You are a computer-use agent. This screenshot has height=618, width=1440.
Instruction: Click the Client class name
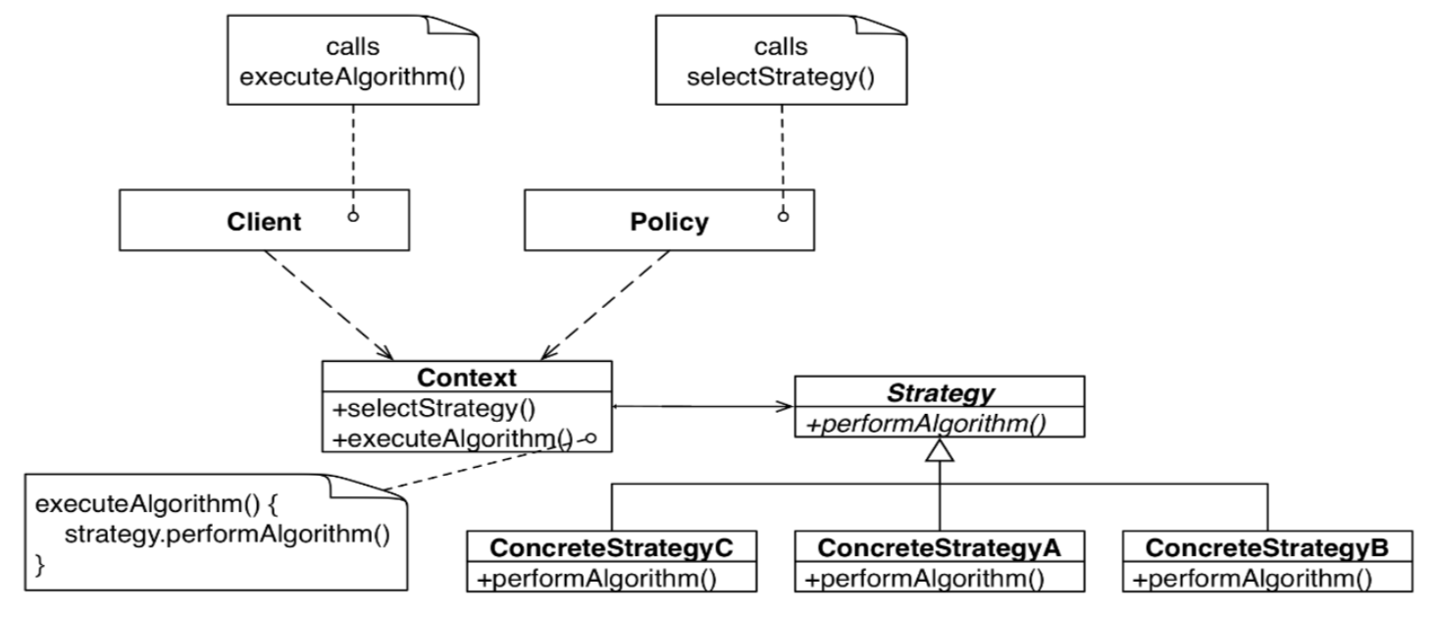click(259, 223)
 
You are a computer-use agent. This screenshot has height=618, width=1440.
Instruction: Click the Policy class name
click(668, 223)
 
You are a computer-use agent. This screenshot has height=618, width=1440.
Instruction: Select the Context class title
click(467, 378)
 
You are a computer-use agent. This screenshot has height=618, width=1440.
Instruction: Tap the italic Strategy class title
click(939, 392)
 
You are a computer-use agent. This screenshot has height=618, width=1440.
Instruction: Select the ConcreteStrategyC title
click(610, 546)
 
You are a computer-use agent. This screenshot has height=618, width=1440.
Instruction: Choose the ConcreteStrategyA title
click(939, 546)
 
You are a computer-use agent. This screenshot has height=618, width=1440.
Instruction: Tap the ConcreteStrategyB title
click(1266, 546)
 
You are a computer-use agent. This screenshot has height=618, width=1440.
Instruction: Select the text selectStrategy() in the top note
click(781, 74)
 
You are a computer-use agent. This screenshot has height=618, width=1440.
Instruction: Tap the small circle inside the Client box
click(352, 215)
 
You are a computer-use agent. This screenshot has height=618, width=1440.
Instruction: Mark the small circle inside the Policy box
click(782, 215)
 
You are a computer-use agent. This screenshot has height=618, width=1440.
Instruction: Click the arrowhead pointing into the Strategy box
click(787, 406)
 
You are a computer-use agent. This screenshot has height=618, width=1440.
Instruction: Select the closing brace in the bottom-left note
click(40, 565)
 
